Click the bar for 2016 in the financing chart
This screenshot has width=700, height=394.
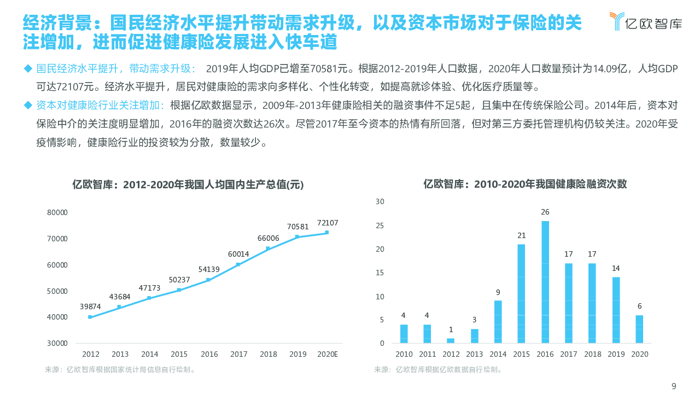545,282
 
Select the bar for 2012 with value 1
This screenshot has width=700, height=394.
451,340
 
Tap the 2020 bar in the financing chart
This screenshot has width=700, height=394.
639,329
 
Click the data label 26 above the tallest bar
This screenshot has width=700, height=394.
545,212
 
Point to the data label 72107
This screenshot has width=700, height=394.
328,223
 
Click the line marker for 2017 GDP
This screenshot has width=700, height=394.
238,264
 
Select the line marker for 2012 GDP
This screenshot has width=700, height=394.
90,317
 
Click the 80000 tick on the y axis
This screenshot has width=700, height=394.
57,212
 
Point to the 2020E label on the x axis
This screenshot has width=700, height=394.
328,354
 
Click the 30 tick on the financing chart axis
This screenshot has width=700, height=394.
380,201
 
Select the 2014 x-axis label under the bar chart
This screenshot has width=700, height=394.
498,354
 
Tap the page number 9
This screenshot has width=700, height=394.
674,386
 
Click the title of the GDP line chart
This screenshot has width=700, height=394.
188,185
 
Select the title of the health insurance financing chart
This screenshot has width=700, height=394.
525,184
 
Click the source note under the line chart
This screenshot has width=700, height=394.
120,369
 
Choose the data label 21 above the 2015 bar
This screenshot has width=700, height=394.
522,235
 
